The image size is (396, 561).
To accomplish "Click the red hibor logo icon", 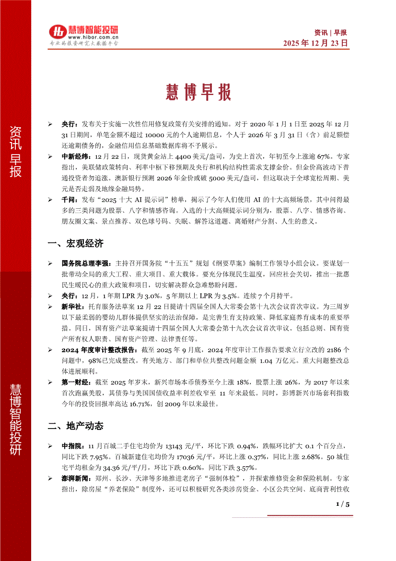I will tap(57, 31).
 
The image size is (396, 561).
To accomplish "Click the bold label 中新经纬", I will tap(76, 156).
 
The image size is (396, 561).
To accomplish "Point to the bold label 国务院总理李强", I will tap(87, 264).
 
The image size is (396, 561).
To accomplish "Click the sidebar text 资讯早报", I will tap(15, 152).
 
